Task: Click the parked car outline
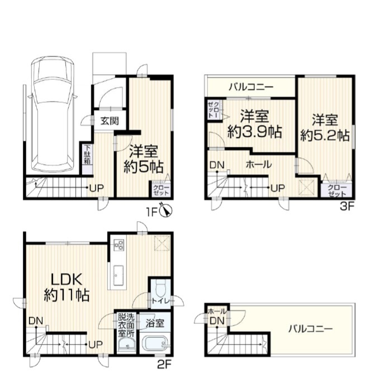tap(53, 115)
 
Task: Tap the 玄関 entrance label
tap(110, 121)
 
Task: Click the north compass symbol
tap(166, 211)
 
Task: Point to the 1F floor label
tap(152, 212)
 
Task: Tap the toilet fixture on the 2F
tap(162, 287)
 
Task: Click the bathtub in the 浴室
tap(156, 343)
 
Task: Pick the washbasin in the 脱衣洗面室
tap(126, 345)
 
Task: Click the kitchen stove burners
tap(119, 245)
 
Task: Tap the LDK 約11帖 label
tap(67, 287)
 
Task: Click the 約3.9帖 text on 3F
tap(255, 132)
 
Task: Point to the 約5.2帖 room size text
tap(325, 136)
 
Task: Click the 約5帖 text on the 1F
tap(143, 167)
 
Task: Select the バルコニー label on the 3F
tap(251, 87)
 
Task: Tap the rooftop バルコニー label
tap(311, 329)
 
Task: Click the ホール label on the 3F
tap(259, 164)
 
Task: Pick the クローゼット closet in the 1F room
tap(161, 189)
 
